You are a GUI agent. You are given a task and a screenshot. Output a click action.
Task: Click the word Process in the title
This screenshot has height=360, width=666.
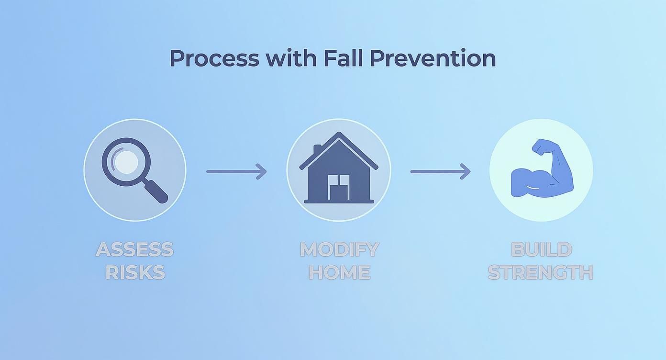[214, 58]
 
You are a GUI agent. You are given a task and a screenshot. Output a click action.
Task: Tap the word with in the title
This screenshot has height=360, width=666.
[291, 58]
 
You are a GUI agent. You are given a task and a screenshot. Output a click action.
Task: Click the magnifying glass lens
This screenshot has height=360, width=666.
[126, 162]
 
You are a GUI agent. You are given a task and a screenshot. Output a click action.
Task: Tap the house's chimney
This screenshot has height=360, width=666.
[317, 150]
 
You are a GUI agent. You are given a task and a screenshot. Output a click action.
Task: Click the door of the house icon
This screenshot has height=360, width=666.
[339, 187]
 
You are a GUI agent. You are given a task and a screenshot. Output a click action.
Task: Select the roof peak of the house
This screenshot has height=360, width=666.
[339, 135]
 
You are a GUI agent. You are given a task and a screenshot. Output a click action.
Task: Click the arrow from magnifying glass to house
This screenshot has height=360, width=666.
[236, 171]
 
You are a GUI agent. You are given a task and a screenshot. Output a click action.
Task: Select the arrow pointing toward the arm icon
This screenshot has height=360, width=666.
[440, 171]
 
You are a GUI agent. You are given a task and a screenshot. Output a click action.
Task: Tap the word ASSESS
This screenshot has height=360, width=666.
[134, 249]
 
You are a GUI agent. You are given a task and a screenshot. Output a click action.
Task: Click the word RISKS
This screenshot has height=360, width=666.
[134, 272]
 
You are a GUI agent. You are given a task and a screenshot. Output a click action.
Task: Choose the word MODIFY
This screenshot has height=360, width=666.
[339, 249]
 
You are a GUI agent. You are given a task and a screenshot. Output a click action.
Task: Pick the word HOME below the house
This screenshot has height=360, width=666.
[339, 272]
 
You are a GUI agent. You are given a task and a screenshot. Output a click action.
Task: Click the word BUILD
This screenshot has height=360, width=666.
[541, 249]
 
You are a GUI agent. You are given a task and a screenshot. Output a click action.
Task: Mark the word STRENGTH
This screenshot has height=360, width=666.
[541, 272]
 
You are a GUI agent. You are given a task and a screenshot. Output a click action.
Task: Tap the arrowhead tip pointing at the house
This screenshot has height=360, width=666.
[265, 171]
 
